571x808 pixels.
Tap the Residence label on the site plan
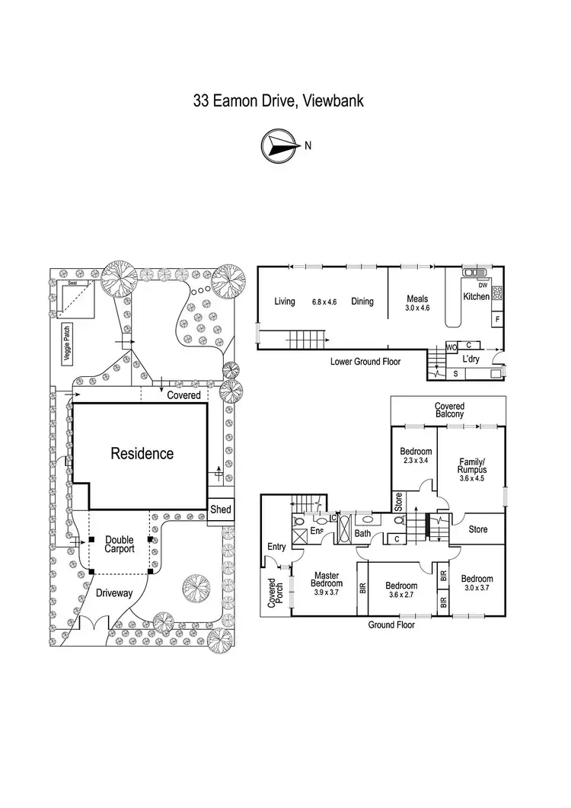click(x=142, y=454)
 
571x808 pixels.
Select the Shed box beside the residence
click(x=220, y=509)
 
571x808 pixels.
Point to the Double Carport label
click(x=120, y=543)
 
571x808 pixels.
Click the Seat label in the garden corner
click(x=72, y=283)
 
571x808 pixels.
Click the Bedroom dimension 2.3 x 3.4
click(x=416, y=460)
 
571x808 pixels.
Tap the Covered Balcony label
click(x=449, y=410)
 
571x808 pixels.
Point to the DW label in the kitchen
click(x=483, y=285)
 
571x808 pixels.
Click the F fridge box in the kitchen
click(x=496, y=320)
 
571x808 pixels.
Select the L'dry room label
click(x=471, y=359)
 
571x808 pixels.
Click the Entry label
click(x=275, y=546)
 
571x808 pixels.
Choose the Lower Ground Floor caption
click(x=365, y=362)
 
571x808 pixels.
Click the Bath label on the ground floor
click(x=363, y=533)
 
